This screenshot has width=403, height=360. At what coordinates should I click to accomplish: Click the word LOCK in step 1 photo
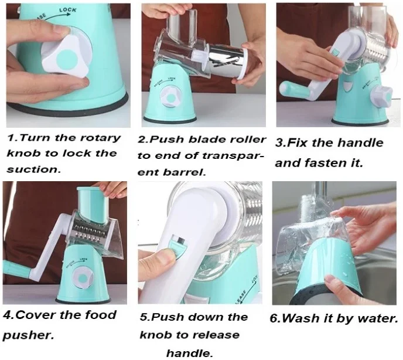click(x=68, y=10)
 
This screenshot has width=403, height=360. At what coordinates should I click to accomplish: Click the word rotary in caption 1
click(x=101, y=138)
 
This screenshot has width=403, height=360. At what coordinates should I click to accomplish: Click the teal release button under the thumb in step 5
click(x=177, y=247)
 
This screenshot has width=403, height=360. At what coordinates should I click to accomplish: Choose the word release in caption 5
click(x=216, y=335)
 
